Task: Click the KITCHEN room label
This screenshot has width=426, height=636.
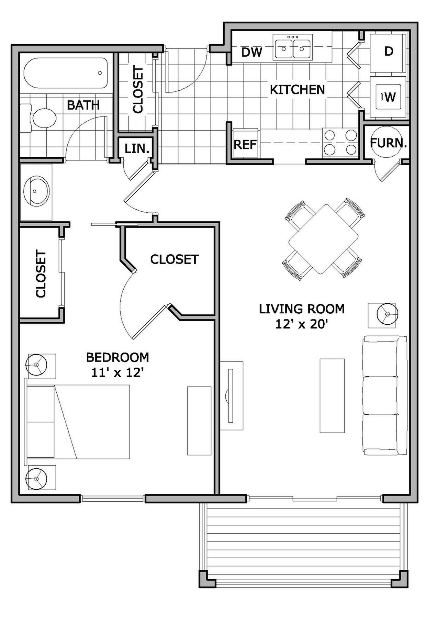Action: pyautogui.click(x=297, y=90)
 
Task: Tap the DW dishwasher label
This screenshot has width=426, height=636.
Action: pyautogui.click(x=251, y=52)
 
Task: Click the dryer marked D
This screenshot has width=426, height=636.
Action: pyautogui.click(x=388, y=52)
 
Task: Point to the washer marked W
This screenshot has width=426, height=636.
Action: pyautogui.click(x=389, y=97)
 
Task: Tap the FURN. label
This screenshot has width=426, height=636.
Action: pyautogui.click(x=388, y=143)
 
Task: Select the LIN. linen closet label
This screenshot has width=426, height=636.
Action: pyautogui.click(x=137, y=148)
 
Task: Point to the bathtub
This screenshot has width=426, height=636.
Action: pyautogui.click(x=65, y=73)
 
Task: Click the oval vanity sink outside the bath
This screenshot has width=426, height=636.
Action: pyautogui.click(x=36, y=191)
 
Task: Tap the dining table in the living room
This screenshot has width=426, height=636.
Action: pyautogui.click(x=323, y=239)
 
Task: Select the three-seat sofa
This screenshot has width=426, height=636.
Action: pyautogui.click(x=385, y=395)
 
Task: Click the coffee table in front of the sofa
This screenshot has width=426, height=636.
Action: pyautogui.click(x=332, y=395)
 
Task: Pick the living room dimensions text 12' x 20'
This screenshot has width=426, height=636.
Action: pyautogui.click(x=301, y=324)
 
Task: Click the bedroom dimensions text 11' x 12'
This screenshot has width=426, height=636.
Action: pyautogui.click(x=117, y=372)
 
